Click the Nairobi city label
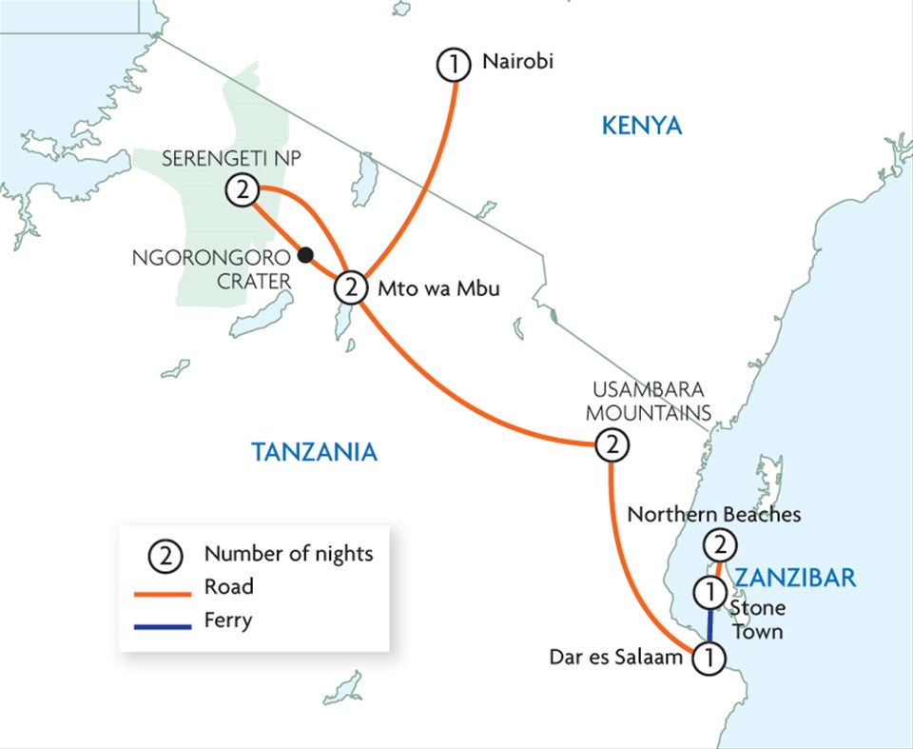pos(517,63)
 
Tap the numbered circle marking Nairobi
pos(454,65)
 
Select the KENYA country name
pos(642,125)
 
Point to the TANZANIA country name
pos(314,452)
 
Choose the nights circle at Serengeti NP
pos(243,191)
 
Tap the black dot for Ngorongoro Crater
pos(305,254)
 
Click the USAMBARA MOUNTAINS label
pos(649,402)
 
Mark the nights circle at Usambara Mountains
pos(611,443)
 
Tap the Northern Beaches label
pos(714,515)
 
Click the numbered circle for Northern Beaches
pos(719,546)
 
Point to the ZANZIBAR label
pos(796,577)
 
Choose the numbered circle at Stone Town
pos(709,593)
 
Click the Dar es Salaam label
pos(616,657)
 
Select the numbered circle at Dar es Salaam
pos(708,658)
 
